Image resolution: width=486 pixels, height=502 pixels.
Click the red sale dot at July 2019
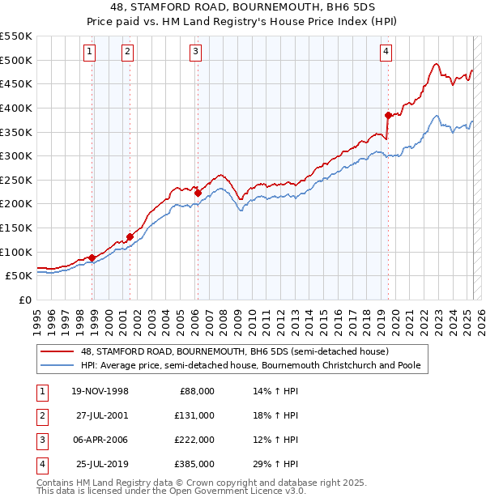(x=388, y=114)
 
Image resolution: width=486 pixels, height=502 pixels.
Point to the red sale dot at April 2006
(x=198, y=193)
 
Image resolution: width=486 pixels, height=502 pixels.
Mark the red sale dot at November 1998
(x=92, y=257)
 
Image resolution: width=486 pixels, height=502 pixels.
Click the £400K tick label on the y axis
(x=16, y=108)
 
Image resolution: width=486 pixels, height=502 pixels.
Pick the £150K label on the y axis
(x=16, y=228)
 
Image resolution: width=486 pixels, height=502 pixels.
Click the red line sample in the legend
(x=58, y=351)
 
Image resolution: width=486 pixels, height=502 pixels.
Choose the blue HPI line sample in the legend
(x=58, y=366)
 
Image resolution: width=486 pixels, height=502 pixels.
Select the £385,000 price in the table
(x=195, y=464)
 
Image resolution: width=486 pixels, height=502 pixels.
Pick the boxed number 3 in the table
(x=41, y=440)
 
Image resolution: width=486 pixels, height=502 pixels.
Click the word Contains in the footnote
(x=56, y=483)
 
